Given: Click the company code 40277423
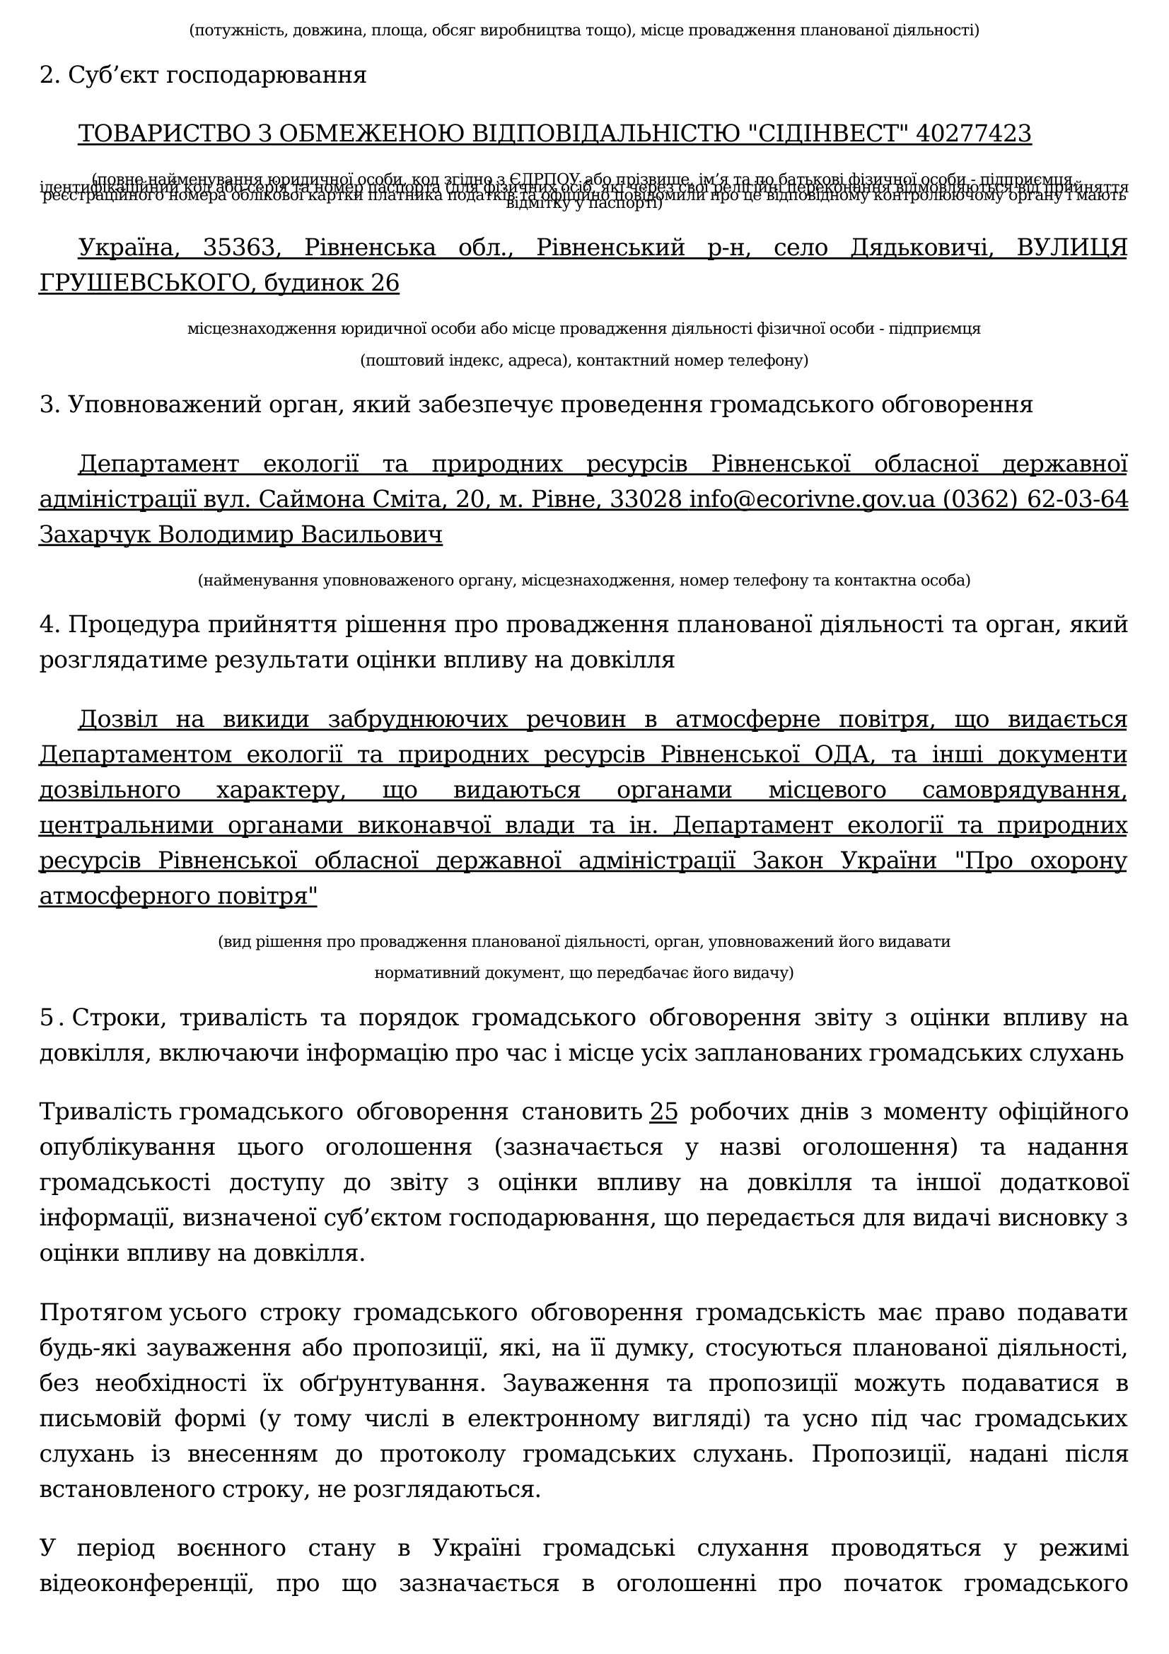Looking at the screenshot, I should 973,134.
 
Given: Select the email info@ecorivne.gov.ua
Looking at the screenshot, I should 812,499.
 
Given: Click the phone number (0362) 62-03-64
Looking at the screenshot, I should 1035,499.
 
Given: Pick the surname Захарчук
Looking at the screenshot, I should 95,535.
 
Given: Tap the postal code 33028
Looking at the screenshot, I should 646,499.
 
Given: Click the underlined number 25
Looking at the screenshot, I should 663,1112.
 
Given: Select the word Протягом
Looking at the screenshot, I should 101,1312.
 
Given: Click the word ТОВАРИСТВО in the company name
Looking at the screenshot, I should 174,134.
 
